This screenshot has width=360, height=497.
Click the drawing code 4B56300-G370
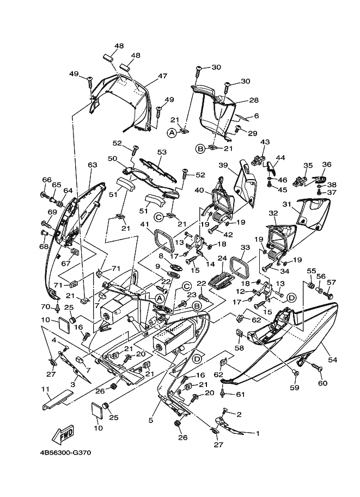66,452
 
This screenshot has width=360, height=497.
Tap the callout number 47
162,76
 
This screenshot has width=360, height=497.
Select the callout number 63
92,165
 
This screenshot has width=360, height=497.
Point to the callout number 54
333,359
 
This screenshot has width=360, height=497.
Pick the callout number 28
254,100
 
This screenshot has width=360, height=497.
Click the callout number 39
223,165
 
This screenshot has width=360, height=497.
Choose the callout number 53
162,152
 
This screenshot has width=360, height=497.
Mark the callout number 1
258,433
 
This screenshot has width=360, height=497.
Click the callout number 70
46,306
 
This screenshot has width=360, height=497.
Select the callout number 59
295,388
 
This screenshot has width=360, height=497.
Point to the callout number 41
145,225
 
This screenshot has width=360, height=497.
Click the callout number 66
47,180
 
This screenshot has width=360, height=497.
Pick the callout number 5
151,420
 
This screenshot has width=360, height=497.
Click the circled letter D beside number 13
291,297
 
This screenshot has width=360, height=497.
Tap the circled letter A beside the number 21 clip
172,133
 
